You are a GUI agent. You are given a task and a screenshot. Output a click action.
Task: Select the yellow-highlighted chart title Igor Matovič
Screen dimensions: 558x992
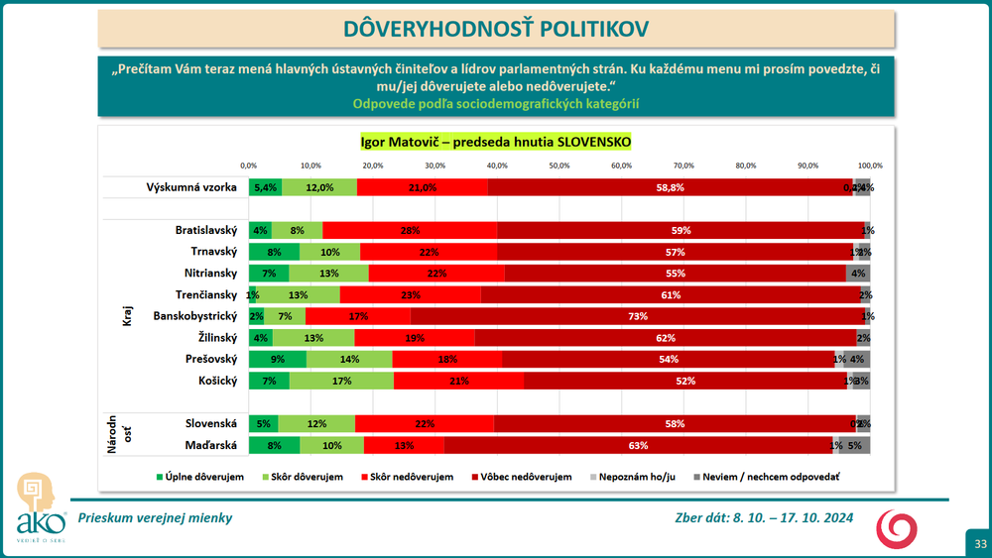pyautogui.click(x=495, y=142)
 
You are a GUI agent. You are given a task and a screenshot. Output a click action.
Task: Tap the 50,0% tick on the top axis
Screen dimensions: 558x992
pyautogui.click(x=559, y=166)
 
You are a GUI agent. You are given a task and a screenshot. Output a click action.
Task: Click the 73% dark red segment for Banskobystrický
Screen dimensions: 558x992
pyautogui.click(x=637, y=316)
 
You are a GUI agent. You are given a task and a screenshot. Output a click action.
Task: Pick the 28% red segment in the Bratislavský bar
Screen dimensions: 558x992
pyautogui.click(x=410, y=230)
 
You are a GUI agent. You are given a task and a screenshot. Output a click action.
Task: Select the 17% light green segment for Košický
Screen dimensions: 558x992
pyautogui.click(x=341, y=381)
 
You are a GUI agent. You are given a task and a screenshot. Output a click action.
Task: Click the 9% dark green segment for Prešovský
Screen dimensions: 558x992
pyautogui.click(x=278, y=359)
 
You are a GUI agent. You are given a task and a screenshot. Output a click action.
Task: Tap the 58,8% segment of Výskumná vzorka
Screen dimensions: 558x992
pyautogui.click(x=670, y=187)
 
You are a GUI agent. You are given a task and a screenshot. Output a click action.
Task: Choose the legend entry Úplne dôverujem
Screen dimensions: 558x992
pyautogui.click(x=199, y=477)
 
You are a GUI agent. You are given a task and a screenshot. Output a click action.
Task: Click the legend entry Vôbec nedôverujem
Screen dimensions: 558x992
pyautogui.click(x=525, y=477)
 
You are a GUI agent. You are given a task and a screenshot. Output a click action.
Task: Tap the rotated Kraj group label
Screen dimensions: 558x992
pyautogui.click(x=127, y=316)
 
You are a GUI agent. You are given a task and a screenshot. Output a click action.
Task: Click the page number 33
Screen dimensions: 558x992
pyautogui.click(x=979, y=543)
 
